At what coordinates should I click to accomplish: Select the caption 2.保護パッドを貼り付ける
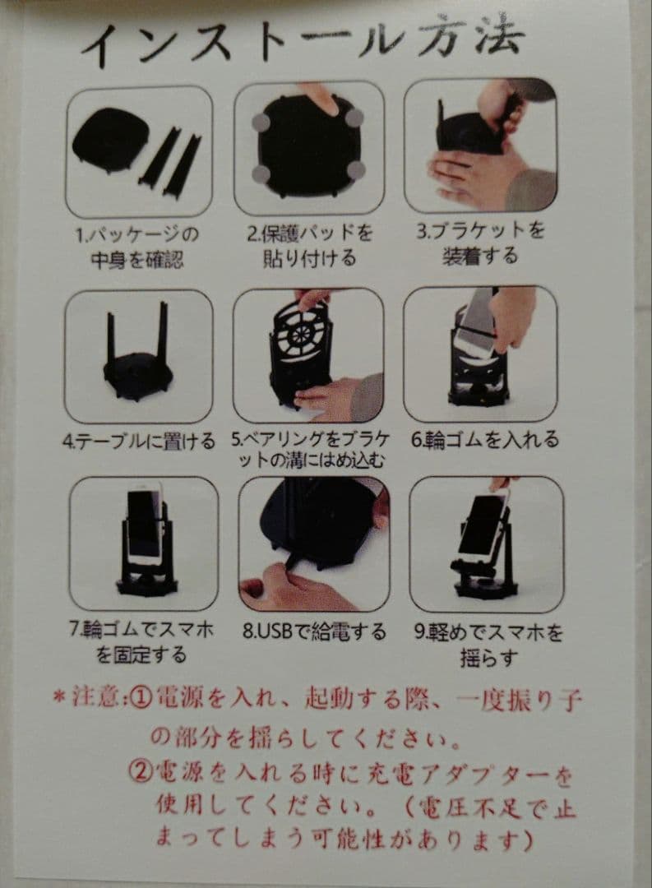pyautogui.click(x=310, y=245)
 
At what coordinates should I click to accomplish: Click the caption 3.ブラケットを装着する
pyautogui.click(x=479, y=243)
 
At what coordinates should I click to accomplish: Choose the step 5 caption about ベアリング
pyautogui.click(x=310, y=448)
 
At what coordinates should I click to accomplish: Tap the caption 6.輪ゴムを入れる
pyautogui.click(x=481, y=440)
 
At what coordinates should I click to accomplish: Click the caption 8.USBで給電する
pyautogui.click(x=314, y=631)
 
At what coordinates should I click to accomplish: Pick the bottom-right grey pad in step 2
pyautogui.click(x=356, y=169)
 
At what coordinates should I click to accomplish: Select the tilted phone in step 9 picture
pyautogui.click(x=483, y=525)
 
